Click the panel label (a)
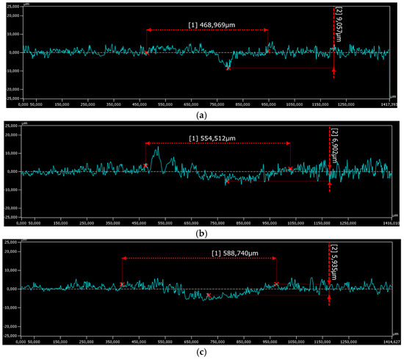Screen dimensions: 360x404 tap(202, 115)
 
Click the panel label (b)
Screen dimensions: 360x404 tap(202, 232)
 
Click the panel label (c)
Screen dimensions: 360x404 tap(202, 353)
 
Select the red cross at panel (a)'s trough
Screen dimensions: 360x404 tap(228, 68)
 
